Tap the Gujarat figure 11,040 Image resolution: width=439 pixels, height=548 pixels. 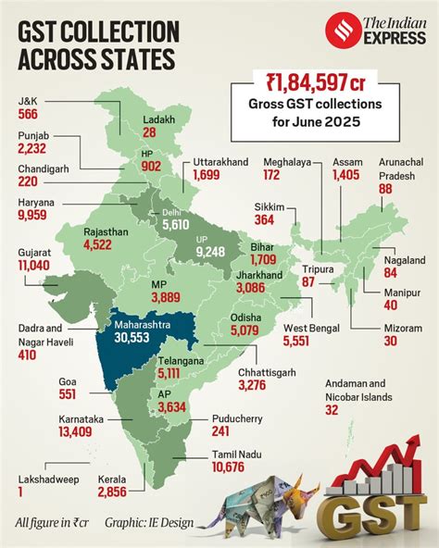tap(38, 265)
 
